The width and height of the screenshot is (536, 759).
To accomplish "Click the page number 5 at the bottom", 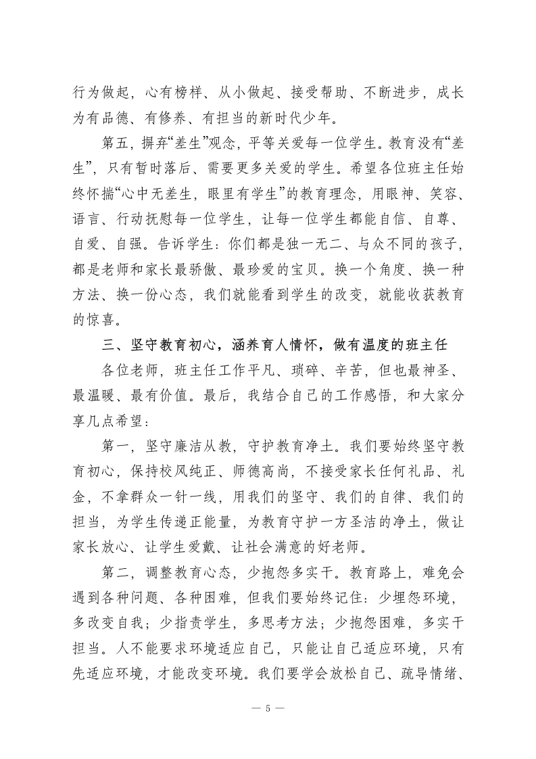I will (268, 709).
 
